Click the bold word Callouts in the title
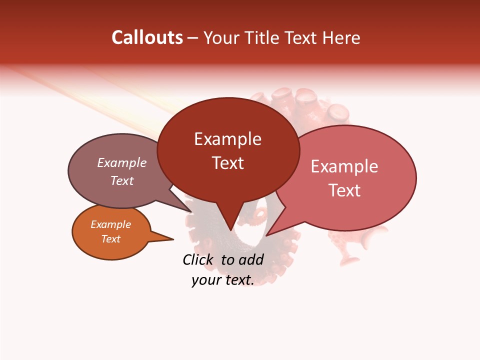pos(147,37)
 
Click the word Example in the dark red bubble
pos(227,139)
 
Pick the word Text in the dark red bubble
pos(227,163)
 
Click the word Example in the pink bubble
pos(344,166)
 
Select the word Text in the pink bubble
pos(344,190)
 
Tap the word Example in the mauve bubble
pos(122,163)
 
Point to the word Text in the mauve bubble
pos(122,180)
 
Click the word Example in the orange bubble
pos(110,224)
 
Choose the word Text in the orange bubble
pos(110,239)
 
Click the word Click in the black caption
pos(198,259)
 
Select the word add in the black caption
pos(251,259)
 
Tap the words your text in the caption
pos(222,280)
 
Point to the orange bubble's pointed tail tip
pos(173,239)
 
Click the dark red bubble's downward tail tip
pos(230,230)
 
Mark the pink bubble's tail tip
pos(266,235)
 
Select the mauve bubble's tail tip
pos(191,212)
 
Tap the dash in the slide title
pos(193,38)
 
